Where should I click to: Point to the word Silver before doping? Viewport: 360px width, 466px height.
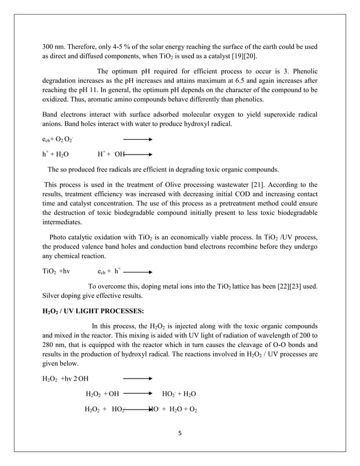pos(54,297)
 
